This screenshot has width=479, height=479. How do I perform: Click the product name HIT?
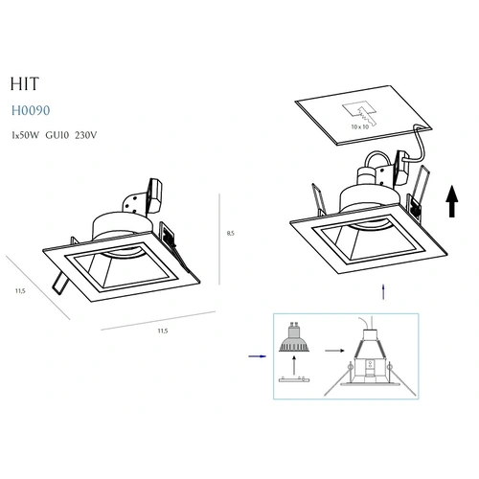(x=25, y=84)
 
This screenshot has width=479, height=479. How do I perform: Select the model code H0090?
(x=31, y=110)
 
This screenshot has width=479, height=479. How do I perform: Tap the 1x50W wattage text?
(x=25, y=135)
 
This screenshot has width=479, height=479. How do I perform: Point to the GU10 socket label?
(x=57, y=135)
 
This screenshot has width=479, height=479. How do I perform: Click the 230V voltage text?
(x=86, y=135)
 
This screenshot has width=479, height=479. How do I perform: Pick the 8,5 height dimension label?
(x=231, y=233)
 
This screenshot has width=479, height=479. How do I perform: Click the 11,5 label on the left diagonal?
(x=20, y=291)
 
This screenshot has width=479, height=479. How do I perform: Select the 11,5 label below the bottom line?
(x=163, y=331)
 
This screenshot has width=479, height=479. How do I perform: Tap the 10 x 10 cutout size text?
(x=360, y=126)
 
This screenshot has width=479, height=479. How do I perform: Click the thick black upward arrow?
(x=452, y=201)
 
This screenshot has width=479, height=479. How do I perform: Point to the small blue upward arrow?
(x=383, y=292)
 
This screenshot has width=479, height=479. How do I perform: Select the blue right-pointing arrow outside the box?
(x=258, y=356)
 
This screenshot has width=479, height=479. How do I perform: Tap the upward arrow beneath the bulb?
(x=294, y=365)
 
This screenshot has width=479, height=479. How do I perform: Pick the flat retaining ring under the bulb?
(x=294, y=379)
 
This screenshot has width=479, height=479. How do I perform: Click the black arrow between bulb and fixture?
(x=334, y=351)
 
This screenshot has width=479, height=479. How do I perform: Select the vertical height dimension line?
(x=219, y=239)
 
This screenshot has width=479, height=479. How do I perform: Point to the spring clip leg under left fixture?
(x=60, y=283)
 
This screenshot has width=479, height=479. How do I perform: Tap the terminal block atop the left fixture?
(x=155, y=195)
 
